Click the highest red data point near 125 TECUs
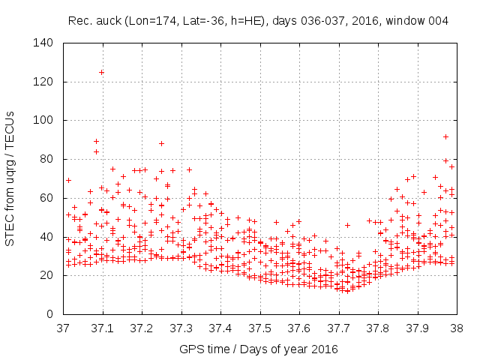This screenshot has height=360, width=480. pos(101,72)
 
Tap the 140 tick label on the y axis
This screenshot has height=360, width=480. pos(43,43)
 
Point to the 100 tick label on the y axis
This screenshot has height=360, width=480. pos(43,120)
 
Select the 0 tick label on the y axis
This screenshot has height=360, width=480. pos(49,313)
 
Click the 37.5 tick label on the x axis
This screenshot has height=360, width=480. pos(259,328)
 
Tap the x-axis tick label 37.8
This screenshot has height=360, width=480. pos(377,328)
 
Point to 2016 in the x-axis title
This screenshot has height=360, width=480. pos(325,349)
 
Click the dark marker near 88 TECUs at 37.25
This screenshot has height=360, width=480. pos(161,143)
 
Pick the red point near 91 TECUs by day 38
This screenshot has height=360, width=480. pos(445,137)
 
